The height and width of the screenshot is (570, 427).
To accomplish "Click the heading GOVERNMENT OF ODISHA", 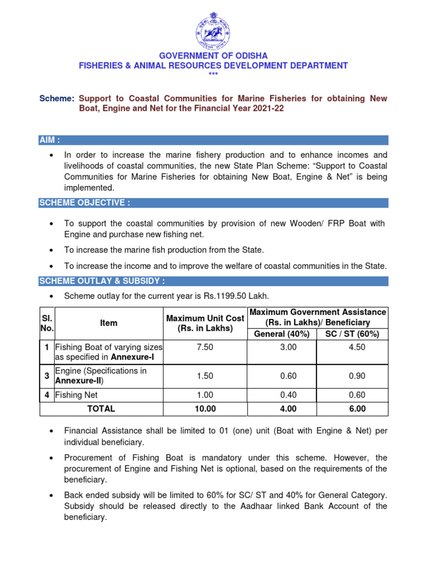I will (213, 56).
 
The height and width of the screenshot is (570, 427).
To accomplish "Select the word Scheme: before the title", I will (57, 99).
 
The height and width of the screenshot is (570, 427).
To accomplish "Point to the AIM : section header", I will (50, 140).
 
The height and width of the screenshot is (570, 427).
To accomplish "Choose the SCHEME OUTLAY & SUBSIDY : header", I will (102, 281).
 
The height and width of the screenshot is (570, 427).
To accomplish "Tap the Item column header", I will (109, 323).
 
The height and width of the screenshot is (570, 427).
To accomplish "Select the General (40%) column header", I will (282, 334).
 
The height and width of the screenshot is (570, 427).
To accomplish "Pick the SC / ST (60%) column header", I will (352, 334).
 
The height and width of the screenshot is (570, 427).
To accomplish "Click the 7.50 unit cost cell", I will (205, 347).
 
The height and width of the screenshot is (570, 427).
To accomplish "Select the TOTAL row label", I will (101, 409).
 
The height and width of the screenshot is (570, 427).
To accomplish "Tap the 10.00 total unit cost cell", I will (205, 409).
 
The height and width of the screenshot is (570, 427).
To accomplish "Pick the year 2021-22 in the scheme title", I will (266, 109).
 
